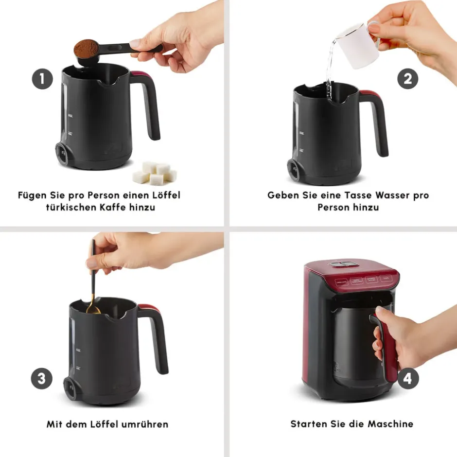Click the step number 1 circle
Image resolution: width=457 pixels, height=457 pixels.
(x=43, y=79)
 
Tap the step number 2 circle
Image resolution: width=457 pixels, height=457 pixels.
(x=408, y=79)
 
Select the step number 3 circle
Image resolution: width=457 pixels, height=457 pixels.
(x=42, y=379)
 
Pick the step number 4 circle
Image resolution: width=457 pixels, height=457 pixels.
(x=408, y=379)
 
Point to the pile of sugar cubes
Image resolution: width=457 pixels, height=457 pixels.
(x=155, y=174)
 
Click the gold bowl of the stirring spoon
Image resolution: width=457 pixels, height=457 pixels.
(x=93, y=309)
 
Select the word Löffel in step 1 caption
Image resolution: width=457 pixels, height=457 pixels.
(x=165, y=195)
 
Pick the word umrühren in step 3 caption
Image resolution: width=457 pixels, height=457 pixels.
(x=144, y=424)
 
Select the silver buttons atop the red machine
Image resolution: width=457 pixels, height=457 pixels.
(x=343, y=264)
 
